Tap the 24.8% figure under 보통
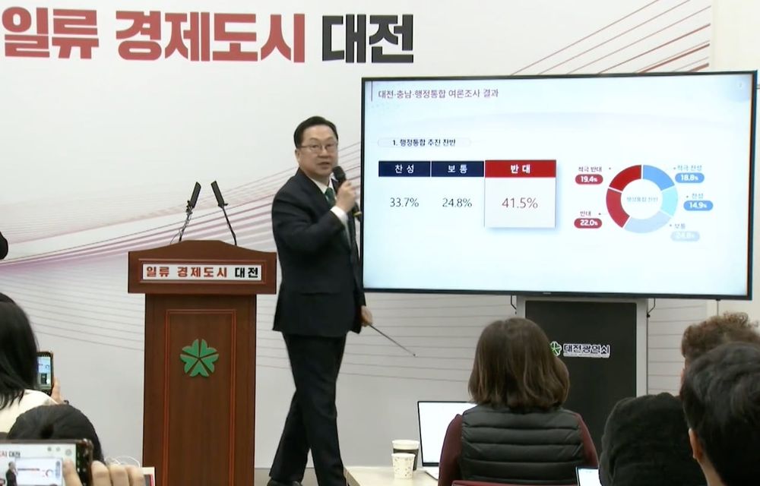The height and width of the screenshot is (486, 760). [457, 203]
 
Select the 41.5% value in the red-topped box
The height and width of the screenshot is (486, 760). [520, 203]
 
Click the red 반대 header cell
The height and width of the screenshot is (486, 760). [520, 169]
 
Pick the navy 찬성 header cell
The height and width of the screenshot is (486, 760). [404, 169]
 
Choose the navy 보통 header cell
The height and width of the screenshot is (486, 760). [457, 169]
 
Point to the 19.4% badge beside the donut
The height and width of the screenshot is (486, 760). [589, 179]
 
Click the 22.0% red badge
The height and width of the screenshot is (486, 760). [588, 222]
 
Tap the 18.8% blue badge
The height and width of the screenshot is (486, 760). [689, 178]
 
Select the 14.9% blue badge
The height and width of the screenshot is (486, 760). [697, 205]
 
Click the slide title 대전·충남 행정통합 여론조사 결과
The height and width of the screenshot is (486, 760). [439, 95]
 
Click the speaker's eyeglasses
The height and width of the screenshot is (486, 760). [318, 147]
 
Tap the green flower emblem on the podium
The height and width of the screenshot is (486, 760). [199, 358]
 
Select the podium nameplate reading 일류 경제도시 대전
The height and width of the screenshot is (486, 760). [202, 272]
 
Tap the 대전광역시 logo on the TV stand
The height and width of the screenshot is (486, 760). [581, 349]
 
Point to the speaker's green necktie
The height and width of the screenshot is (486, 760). [331, 196]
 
